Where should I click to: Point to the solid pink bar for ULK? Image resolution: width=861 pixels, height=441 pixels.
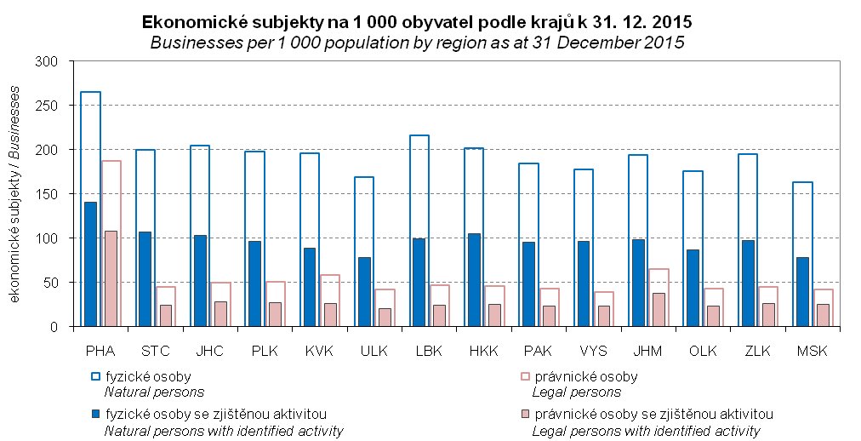(385, 317)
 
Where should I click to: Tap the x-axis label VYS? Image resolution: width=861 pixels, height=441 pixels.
(594, 349)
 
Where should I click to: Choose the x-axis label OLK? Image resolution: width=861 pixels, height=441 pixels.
(704, 349)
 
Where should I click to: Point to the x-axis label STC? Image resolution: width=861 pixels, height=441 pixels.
(155, 349)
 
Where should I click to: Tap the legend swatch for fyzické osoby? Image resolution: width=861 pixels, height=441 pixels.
(94, 375)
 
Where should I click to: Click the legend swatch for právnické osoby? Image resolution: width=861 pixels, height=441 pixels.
(522, 375)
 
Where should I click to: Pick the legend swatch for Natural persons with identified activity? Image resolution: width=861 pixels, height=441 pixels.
(94, 415)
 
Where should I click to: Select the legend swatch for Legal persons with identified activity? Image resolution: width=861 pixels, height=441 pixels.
(522, 415)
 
